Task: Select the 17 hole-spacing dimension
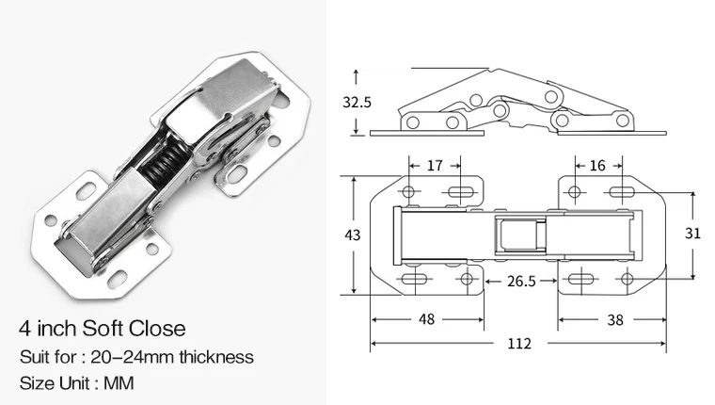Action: tap(435, 166)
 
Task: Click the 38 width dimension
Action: tap(616, 319)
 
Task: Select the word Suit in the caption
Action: tap(34, 357)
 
